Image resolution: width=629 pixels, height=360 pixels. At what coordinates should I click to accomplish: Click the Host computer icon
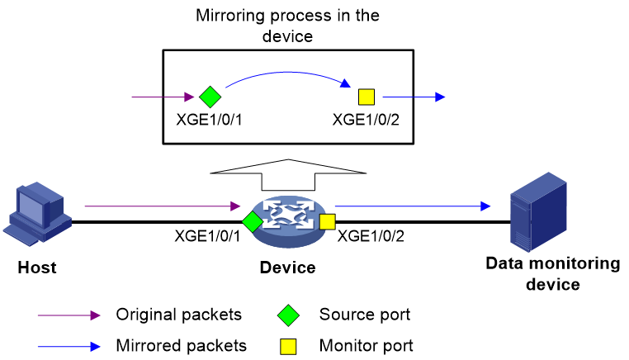coord(37,214)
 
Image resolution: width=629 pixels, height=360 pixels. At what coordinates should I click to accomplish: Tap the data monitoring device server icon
coord(538,212)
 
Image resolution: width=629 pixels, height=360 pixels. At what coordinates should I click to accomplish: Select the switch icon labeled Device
coord(288,221)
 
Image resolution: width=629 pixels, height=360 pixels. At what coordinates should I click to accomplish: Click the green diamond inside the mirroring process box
coord(210,97)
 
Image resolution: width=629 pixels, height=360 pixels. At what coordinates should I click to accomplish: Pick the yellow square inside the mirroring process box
coord(367,97)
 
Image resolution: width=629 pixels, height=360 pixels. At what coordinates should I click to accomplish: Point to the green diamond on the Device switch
coord(253,221)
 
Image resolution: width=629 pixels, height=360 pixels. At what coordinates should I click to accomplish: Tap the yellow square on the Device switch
coord(328,222)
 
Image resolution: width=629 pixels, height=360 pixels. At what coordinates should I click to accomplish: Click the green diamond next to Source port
coord(288,315)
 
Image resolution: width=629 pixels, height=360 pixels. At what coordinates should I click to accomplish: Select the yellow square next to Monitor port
coord(288,347)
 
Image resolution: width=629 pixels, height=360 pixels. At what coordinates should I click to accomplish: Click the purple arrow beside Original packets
coord(69,315)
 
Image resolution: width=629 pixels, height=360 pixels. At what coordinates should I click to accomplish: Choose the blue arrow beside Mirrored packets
coord(69,347)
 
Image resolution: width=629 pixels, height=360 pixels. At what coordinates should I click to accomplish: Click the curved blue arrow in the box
coord(287,72)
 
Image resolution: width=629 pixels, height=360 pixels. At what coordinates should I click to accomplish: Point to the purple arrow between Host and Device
coord(163,206)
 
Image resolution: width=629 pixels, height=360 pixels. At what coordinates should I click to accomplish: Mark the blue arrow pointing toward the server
coord(413,206)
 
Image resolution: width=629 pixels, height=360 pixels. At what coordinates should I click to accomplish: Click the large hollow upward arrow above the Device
coord(288,173)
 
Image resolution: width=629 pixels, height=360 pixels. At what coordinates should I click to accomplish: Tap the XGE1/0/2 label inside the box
coord(366,120)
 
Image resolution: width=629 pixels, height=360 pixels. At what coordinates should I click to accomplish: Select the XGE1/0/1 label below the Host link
coord(207,236)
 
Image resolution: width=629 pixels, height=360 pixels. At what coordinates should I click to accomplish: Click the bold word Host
coord(37,268)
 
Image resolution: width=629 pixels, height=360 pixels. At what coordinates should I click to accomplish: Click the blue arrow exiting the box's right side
coord(414,97)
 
